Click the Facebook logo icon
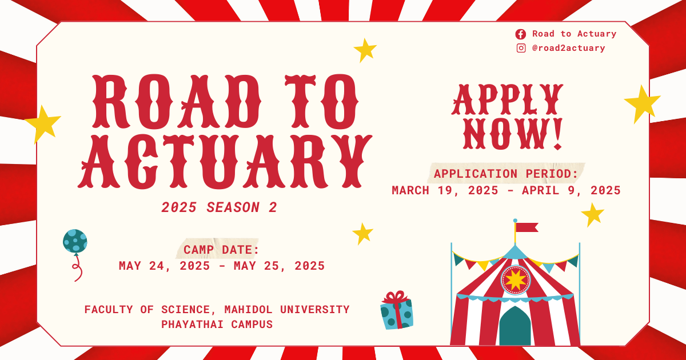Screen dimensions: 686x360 521,34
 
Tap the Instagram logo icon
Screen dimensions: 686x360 521,48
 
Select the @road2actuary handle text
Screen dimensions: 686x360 569,48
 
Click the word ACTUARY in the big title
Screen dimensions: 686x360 225,161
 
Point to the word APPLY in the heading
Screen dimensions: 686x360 507,99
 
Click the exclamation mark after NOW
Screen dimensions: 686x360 558,134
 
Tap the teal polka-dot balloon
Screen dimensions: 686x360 75,242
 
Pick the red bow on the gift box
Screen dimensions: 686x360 397,297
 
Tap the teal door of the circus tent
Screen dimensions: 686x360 515,326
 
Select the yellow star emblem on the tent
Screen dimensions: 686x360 516,280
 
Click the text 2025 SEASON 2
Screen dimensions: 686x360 219,207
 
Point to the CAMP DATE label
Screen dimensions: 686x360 221,250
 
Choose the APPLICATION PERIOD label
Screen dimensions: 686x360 506,174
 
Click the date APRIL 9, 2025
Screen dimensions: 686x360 571,190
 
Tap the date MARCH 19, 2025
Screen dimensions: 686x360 445,190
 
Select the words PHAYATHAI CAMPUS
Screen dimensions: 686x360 217,324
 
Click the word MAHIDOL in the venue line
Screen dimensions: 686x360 248,310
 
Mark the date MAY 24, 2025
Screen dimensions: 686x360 164,266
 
